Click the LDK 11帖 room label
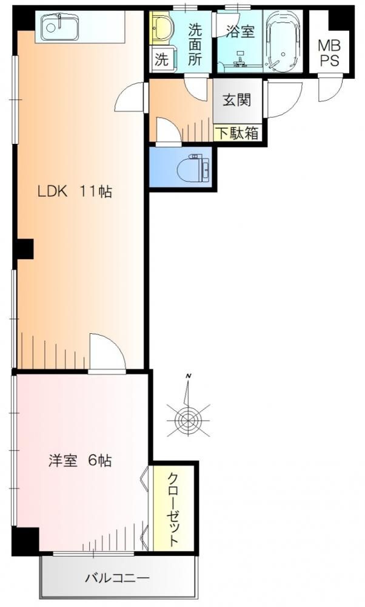[75, 192]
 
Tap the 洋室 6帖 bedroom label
[80, 461]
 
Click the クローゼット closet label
[173, 509]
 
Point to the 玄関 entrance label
[236, 100]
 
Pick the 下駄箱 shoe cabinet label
[236, 133]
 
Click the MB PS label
[329, 53]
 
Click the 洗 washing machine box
[162, 59]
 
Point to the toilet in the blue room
[194, 169]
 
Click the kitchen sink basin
[59, 27]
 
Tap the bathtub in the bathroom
[284, 41]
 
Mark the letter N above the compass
[189, 376]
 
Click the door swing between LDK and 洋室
[107, 352]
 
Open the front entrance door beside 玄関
[284, 99]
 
